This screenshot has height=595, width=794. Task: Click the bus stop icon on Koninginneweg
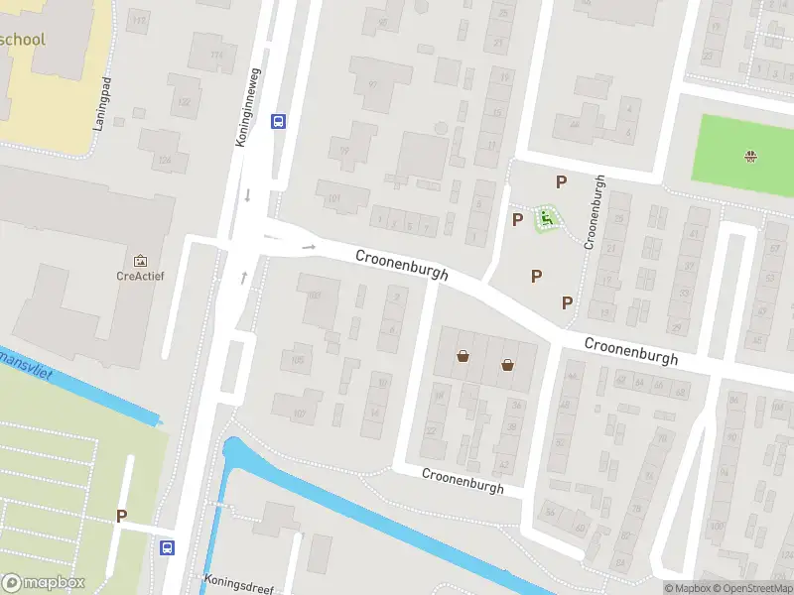pos(279,122)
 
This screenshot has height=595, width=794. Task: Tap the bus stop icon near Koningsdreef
pos(168,546)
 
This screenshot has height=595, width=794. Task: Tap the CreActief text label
pos(139,276)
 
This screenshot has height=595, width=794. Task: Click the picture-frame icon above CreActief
pos(139,259)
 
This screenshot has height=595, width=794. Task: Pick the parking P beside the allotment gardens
pos(121,516)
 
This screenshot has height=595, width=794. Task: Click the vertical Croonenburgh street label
pos(593,211)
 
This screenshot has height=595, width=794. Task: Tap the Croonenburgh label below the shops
pos(463,481)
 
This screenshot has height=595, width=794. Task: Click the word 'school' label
pos(25,41)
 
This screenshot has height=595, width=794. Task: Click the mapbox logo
pos(43,582)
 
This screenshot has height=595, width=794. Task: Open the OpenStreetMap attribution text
pos(750,588)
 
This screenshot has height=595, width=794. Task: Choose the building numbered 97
pos(372,84)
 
